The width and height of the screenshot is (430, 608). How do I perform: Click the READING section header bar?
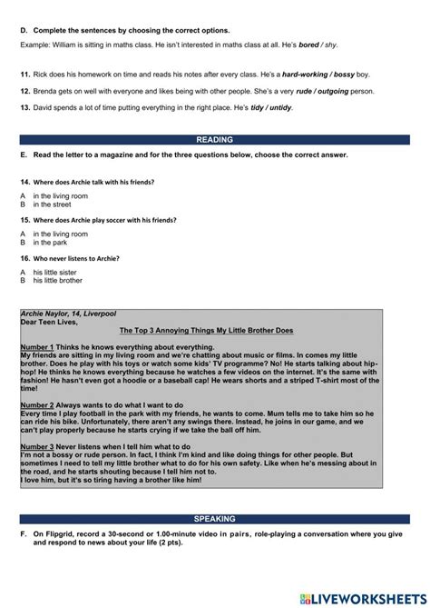click(x=214, y=140)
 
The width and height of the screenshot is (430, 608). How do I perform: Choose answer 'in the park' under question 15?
click(x=51, y=244)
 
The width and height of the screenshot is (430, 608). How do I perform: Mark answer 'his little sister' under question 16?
click(x=57, y=273)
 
